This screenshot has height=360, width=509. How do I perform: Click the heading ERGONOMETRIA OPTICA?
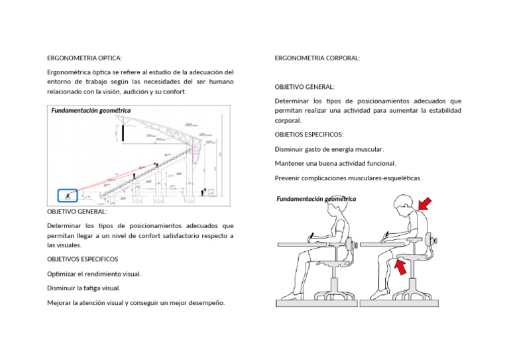click(84, 58)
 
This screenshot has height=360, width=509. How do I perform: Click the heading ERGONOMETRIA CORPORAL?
click(317, 58)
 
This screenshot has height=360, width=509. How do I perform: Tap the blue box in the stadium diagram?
click(67, 196)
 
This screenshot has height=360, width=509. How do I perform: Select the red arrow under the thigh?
click(400, 267)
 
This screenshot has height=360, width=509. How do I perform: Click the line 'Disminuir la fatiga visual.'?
click(84, 288)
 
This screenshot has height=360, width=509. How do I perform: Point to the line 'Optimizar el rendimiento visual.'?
click(93, 274)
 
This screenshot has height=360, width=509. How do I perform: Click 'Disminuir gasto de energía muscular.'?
click(329, 149)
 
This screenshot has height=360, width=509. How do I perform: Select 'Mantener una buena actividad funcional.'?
click(335, 163)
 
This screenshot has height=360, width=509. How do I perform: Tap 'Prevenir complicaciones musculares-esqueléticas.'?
click(348, 178)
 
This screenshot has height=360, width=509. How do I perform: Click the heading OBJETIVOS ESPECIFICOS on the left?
click(82, 259)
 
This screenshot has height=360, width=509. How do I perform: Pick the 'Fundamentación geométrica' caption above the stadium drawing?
click(91, 111)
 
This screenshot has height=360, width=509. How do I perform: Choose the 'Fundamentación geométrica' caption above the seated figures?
click(315, 199)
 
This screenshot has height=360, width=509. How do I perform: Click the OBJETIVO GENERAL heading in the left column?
click(76, 211)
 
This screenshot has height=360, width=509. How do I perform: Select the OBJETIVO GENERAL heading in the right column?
click(304, 87)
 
